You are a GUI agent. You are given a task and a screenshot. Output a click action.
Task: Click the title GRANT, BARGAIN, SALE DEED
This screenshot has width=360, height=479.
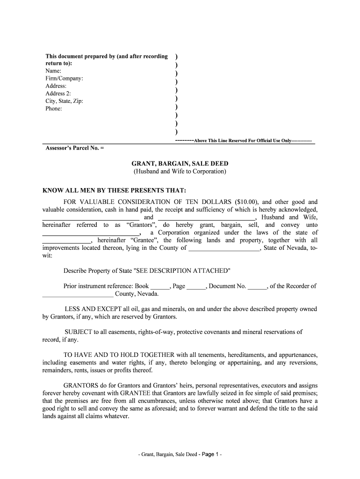pyautogui.click(x=180, y=164)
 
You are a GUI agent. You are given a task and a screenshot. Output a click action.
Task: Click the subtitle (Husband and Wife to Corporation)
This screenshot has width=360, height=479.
pyautogui.click(x=180, y=172)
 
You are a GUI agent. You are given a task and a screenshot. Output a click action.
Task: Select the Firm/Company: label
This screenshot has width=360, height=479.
pyautogui.click(x=64, y=79)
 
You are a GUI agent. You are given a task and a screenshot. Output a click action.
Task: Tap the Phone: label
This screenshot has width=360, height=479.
pyautogui.click(x=53, y=109)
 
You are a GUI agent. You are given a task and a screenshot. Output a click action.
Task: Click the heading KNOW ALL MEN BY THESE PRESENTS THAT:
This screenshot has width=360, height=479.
pyautogui.click(x=114, y=191)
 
